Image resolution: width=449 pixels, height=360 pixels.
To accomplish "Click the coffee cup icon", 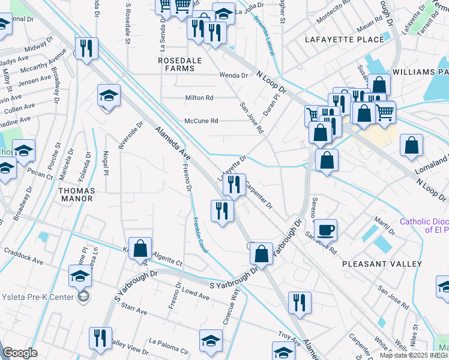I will pos(325,229).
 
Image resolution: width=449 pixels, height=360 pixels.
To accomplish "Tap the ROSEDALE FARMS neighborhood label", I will pos(176,65).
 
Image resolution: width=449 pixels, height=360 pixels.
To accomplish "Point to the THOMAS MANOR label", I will pos(76,194).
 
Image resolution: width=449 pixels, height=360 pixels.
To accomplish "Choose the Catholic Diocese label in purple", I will pos(424,226).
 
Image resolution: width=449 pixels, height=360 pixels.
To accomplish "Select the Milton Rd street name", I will pos(199,98).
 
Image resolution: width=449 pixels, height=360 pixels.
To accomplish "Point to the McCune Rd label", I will pos(201,121).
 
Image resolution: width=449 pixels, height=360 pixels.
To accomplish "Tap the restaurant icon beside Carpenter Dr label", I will pos(234,184).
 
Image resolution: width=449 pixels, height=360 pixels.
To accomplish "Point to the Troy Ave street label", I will pos(289,337).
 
